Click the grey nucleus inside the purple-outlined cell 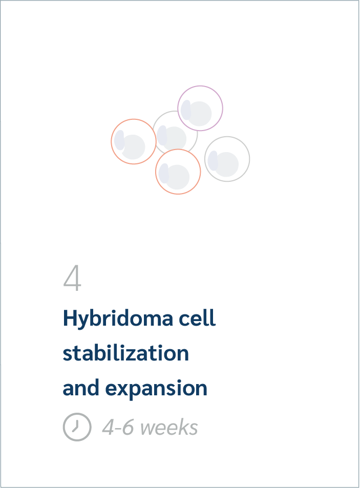tap(200, 114)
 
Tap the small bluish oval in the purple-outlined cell tap(186, 110)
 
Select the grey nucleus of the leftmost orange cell tap(134, 147)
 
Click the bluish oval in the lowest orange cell tap(164, 174)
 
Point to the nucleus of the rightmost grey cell tap(227, 164)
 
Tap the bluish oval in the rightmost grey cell tap(213, 161)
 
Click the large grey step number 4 tap(72, 278)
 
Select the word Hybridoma tap(118, 319)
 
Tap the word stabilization tap(125, 353)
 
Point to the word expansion tap(156, 389)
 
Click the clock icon tap(77, 427)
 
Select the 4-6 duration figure tap(118, 427)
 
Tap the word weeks tap(170, 427)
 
